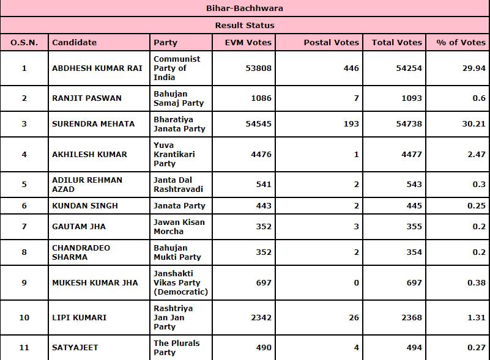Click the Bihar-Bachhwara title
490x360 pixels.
(245, 9)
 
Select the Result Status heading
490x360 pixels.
(245, 26)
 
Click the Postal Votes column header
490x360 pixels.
(331, 42)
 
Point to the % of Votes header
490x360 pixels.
(461, 42)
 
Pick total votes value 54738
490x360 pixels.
(408, 124)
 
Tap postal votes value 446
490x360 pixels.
(351, 68)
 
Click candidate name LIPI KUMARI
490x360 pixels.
(80, 317)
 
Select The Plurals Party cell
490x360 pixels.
(176, 348)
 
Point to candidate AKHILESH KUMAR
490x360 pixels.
(89, 155)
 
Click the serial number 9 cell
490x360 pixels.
(24, 282)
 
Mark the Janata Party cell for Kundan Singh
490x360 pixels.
(179, 206)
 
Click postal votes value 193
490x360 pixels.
(351, 124)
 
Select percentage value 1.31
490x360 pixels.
(476, 317)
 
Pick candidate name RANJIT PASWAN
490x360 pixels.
(87, 98)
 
